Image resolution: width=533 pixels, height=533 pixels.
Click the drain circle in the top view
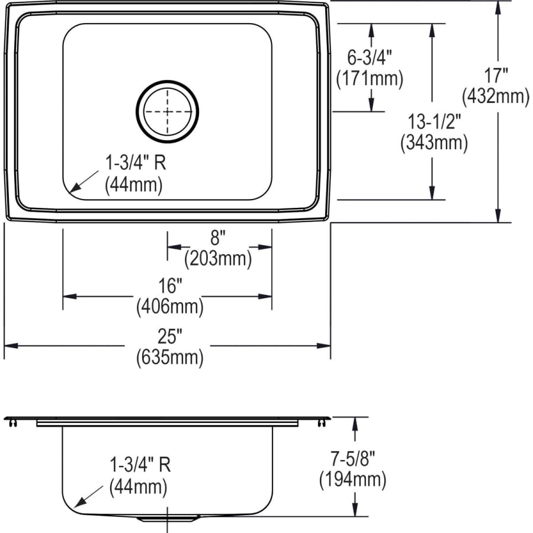click(168, 111)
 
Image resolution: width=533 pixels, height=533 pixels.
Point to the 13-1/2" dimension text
click(434, 122)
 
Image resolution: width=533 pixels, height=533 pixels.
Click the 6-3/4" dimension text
click(370, 57)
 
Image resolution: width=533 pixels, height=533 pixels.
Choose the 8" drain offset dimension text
click(218, 238)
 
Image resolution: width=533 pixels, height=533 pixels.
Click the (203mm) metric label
click(218, 258)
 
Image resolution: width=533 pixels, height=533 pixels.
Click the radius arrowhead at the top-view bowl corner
click(72, 190)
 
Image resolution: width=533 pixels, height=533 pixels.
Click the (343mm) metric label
click(434, 142)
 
